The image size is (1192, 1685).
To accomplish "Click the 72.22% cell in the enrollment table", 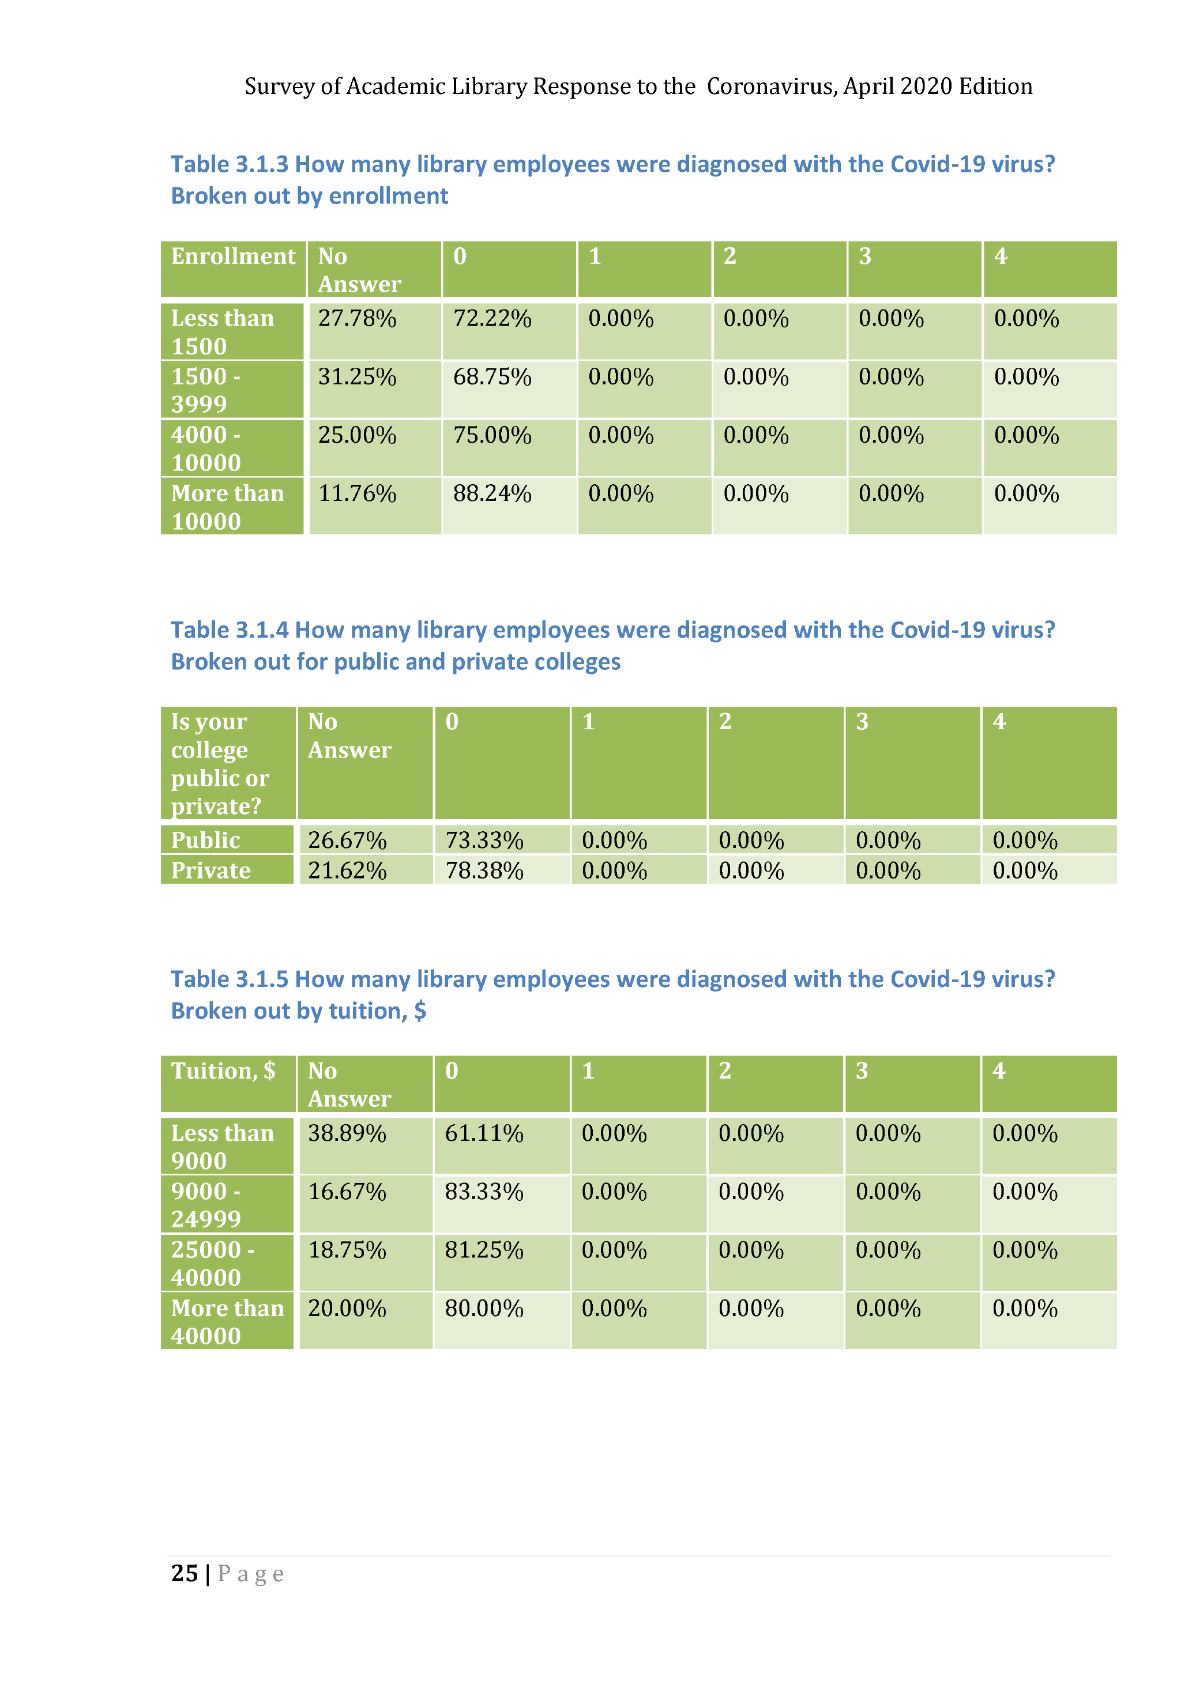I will pos(492,319).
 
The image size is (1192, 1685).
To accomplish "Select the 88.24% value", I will pos(492,494).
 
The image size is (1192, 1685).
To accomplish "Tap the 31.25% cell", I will pos(357,377).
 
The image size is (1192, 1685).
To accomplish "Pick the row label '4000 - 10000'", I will pos(206,448).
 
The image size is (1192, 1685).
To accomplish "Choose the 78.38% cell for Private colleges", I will pos(484,870).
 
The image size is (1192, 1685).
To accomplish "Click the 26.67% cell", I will pos(347,839).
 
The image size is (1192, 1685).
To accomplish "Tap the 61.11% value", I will pos(484,1133).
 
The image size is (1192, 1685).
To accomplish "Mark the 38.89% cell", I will pos(347,1133).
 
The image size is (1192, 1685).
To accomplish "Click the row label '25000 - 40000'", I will pos(212,1263).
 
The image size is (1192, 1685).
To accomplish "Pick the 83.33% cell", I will pos(484,1191).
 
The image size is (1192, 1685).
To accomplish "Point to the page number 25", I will pos(184,1573).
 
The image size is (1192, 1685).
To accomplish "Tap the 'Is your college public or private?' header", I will pos(220,763).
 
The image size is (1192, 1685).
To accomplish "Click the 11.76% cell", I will pos(357,494).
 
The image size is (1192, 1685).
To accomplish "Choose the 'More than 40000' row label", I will pos(227,1322).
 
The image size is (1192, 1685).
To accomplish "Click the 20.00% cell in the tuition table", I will pos(347,1309).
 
